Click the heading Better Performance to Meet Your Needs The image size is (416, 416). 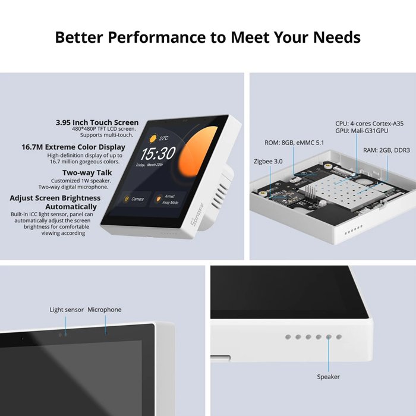[207, 37]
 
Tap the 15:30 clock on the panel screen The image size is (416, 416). [158, 154]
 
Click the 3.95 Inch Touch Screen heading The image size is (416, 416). [97, 122]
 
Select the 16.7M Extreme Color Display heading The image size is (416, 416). [73, 147]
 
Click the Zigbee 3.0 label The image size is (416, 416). [269, 160]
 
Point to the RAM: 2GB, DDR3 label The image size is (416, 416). [386, 150]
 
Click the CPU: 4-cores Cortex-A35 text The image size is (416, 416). [369, 124]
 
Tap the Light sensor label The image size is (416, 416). [66, 310]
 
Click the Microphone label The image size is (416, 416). [105, 310]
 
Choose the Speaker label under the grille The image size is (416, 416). [328, 377]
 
